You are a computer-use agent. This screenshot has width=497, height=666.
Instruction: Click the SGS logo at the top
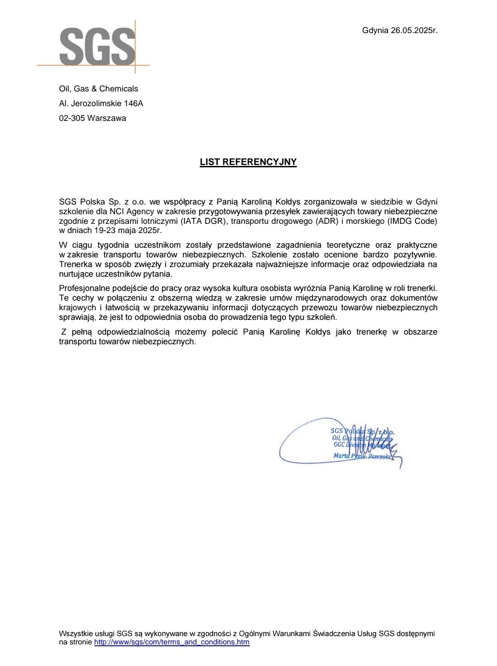click(97, 46)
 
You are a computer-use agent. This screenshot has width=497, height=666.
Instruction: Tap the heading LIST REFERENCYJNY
click(248, 162)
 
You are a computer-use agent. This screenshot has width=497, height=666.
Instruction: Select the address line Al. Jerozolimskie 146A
click(101, 103)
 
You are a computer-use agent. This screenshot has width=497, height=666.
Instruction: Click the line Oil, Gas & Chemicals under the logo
click(98, 89)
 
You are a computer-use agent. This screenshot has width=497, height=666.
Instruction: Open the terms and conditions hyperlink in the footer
click(172, 642)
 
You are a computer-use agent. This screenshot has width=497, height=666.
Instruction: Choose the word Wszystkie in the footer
click(75, 633)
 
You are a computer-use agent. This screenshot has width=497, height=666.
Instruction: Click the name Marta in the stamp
click(341, 455)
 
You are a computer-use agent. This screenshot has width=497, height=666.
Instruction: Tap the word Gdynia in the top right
click(375, 30)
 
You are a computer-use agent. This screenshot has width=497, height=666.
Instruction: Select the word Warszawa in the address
click(107, 118)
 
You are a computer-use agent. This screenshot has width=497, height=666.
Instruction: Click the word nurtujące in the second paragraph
click(75, 274)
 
